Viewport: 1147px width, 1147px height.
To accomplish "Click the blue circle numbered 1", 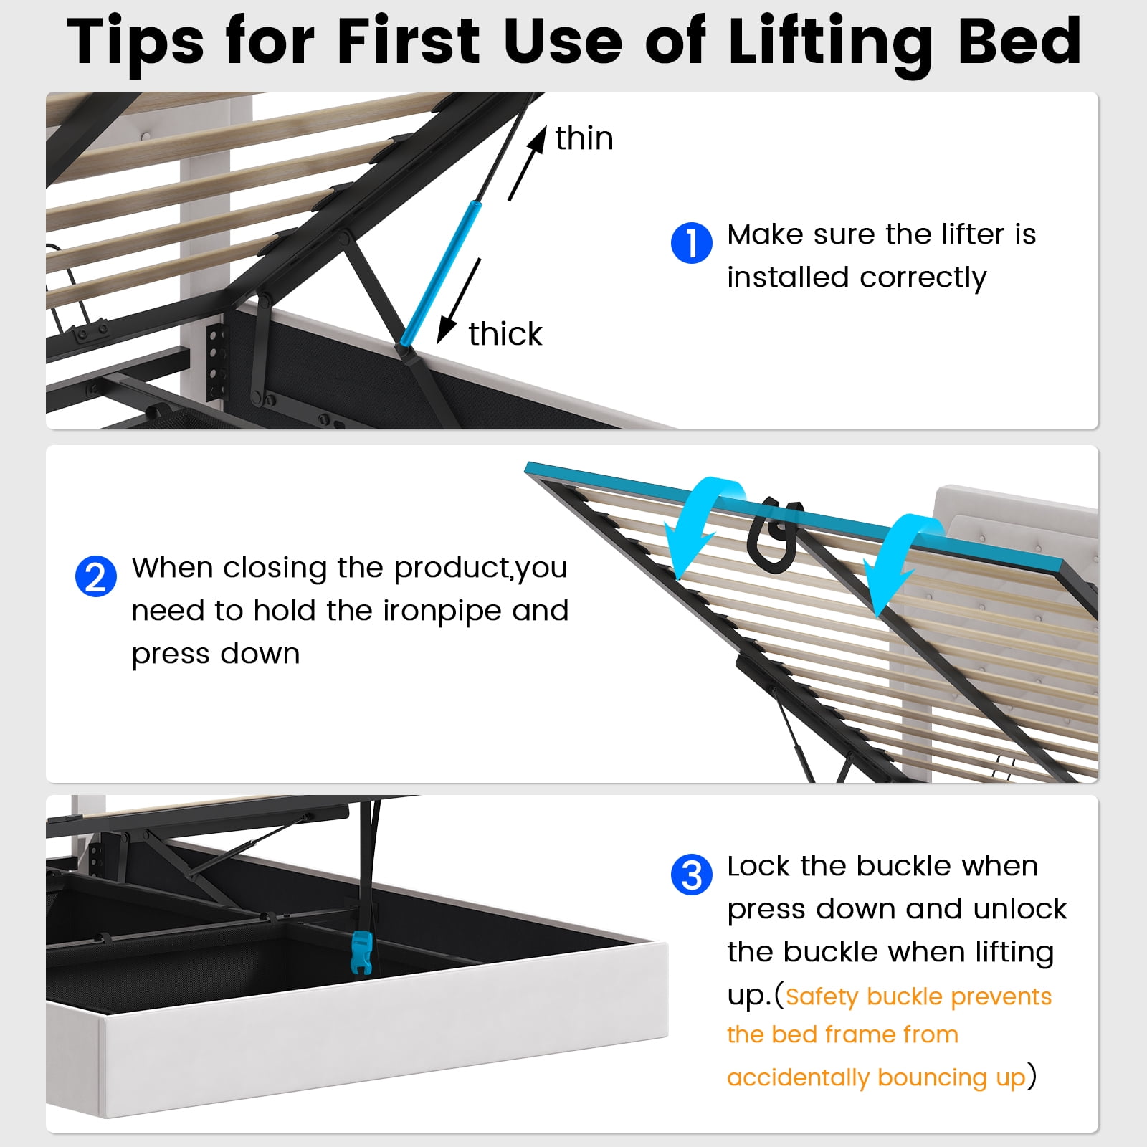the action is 692,242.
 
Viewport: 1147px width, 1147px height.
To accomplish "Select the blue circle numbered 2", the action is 96,576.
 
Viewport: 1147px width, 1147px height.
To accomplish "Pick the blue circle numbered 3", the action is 692,875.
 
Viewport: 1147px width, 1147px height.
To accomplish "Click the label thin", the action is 584,138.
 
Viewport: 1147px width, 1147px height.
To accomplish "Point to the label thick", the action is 505,334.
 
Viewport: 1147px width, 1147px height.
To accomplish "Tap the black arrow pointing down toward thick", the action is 459,301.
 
